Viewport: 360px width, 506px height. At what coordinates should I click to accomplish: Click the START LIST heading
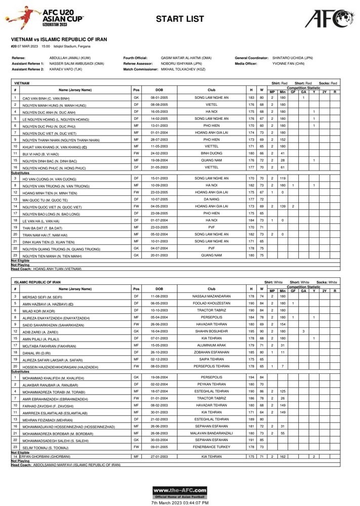(x=180, y=19)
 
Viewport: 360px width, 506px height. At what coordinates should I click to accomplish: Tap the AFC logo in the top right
(x=328, y=18)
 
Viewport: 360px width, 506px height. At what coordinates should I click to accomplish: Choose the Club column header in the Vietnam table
(x=211, y=90)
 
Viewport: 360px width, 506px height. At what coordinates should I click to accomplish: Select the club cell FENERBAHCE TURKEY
(x=211, y=446)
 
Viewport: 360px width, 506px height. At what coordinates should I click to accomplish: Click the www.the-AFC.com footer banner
(x=180, y=491)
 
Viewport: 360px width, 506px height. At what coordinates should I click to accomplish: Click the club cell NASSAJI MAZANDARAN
(x=211, y=296)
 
